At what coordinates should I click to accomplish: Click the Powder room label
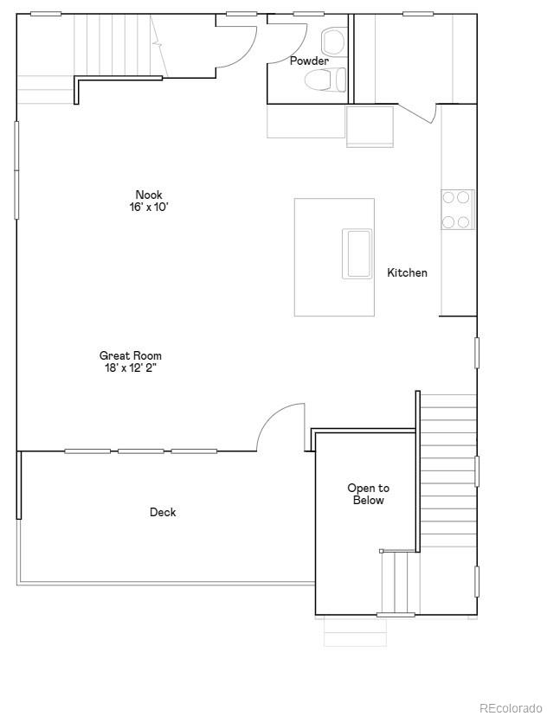(308, 61)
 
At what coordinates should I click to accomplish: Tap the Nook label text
(148, 195)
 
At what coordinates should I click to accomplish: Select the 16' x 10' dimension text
(148, 208)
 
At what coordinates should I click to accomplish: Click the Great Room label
(130, 355)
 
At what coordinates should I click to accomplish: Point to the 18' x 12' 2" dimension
(130, 368)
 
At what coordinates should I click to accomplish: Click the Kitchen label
(407, 273)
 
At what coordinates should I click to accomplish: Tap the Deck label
(163, 513)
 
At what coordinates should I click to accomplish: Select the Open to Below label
(368, 495)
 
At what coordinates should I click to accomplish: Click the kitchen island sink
(357, 253)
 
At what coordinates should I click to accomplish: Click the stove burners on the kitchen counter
(457, 209)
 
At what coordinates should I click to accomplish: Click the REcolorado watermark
(511, 707)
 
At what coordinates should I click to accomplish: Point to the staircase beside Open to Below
(447, 471)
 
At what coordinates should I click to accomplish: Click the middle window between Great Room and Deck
(141, 451)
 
